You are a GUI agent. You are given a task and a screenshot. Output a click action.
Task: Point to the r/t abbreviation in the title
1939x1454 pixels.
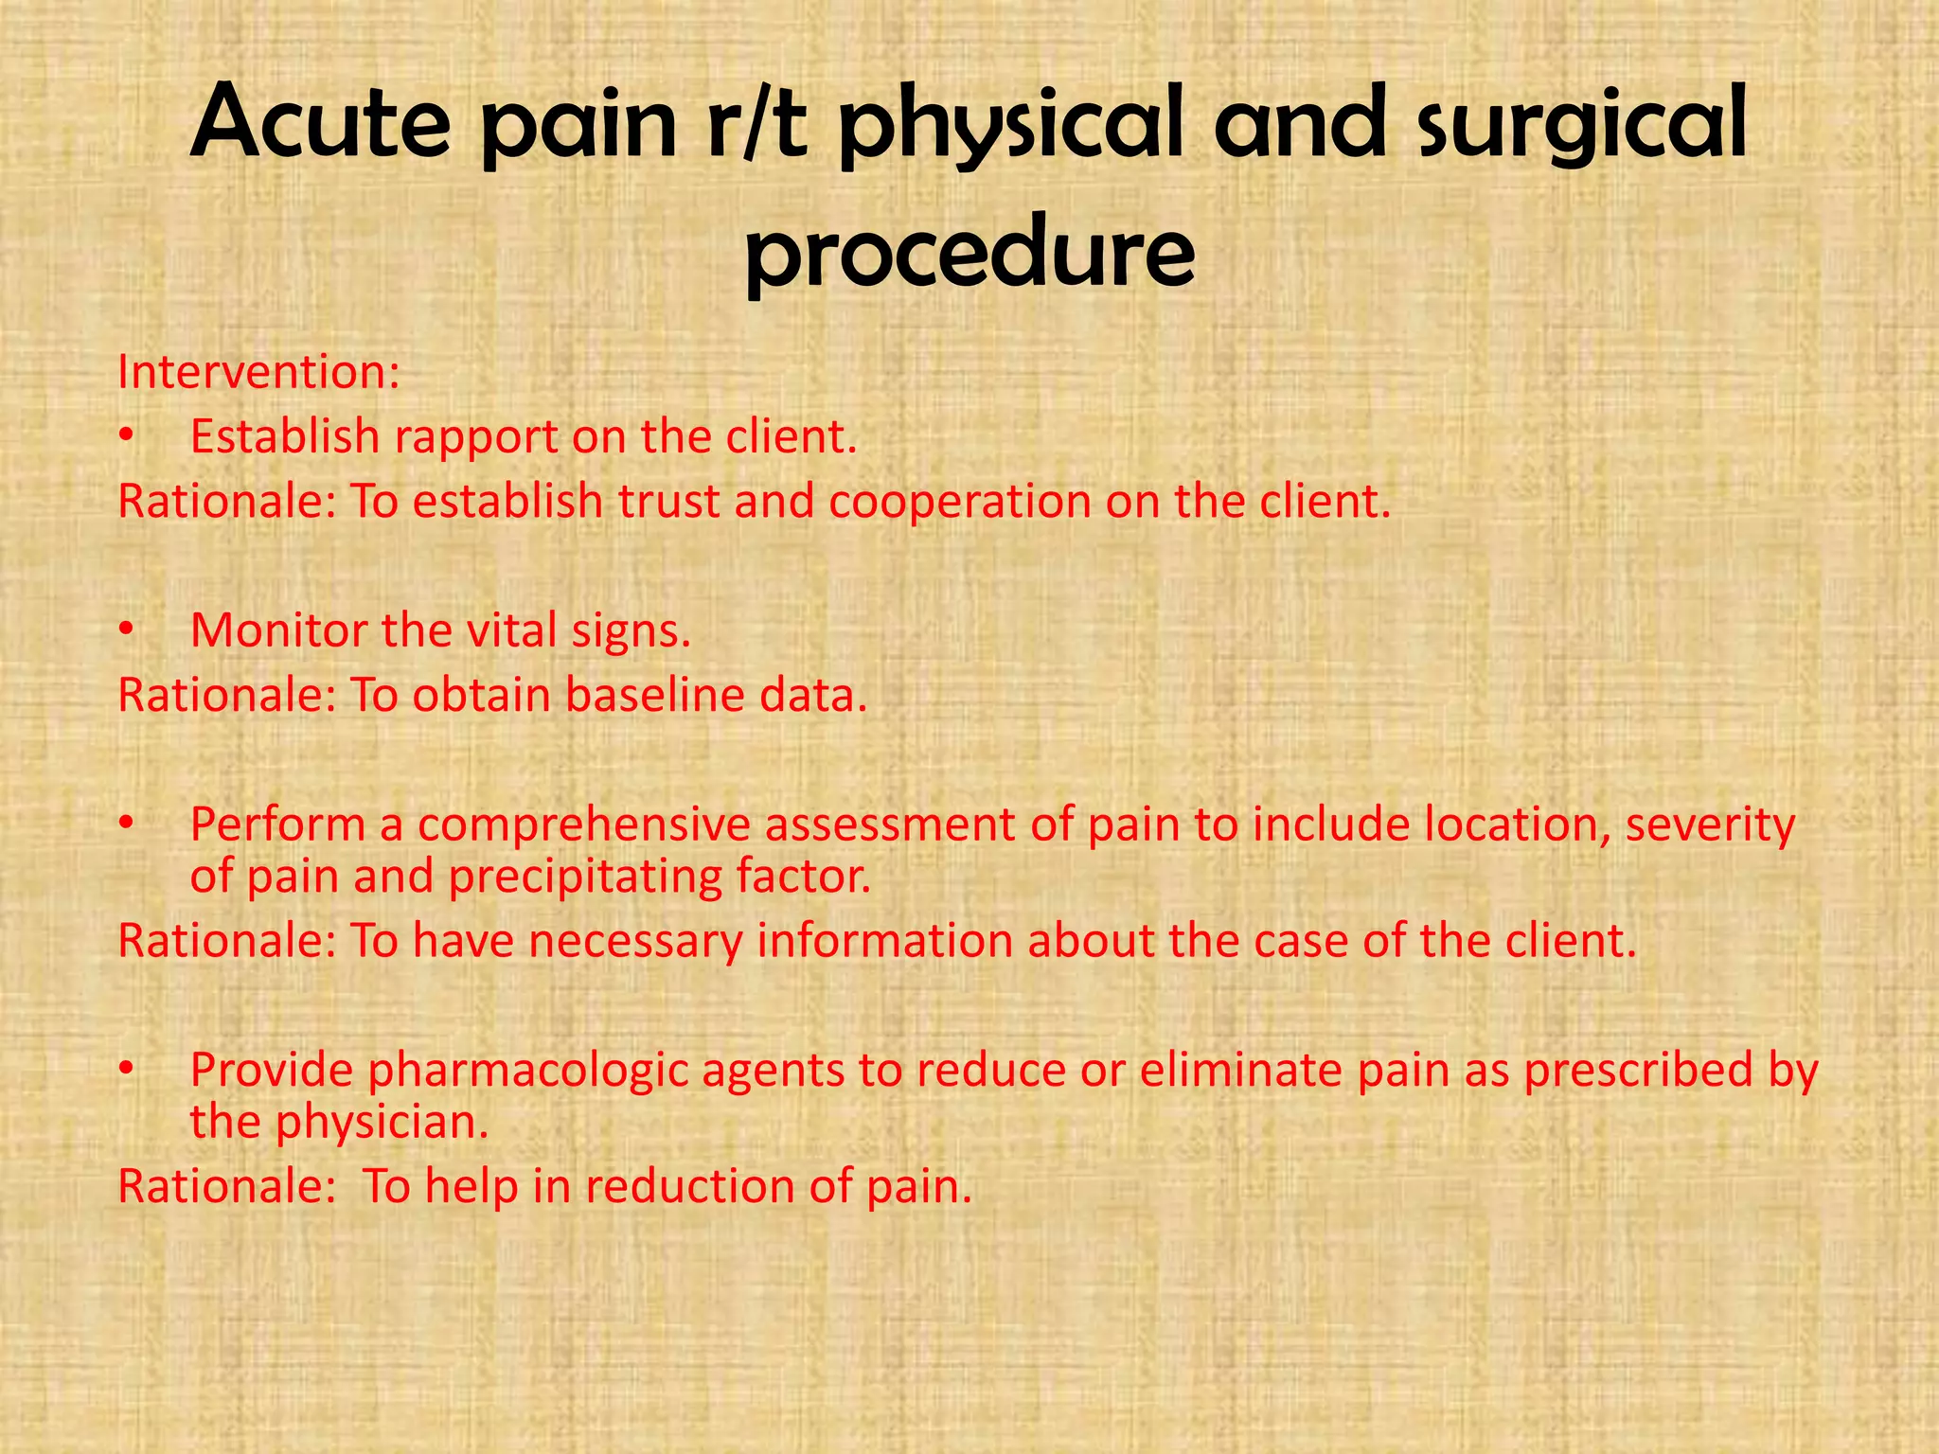tap(756, 123)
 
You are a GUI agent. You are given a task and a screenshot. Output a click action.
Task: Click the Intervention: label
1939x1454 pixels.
tap(258, 372)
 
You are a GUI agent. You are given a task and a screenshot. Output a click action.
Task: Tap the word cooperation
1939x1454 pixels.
tap(960, 502)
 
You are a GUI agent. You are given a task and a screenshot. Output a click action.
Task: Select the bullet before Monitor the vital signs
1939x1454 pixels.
tap(126, 631)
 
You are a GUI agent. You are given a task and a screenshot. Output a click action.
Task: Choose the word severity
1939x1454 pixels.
tap(1710, 825)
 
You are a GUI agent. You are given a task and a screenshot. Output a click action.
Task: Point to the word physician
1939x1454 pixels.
tap(382, 1124)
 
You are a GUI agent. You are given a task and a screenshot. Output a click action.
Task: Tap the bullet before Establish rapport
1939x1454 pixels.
tap(126, 437)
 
